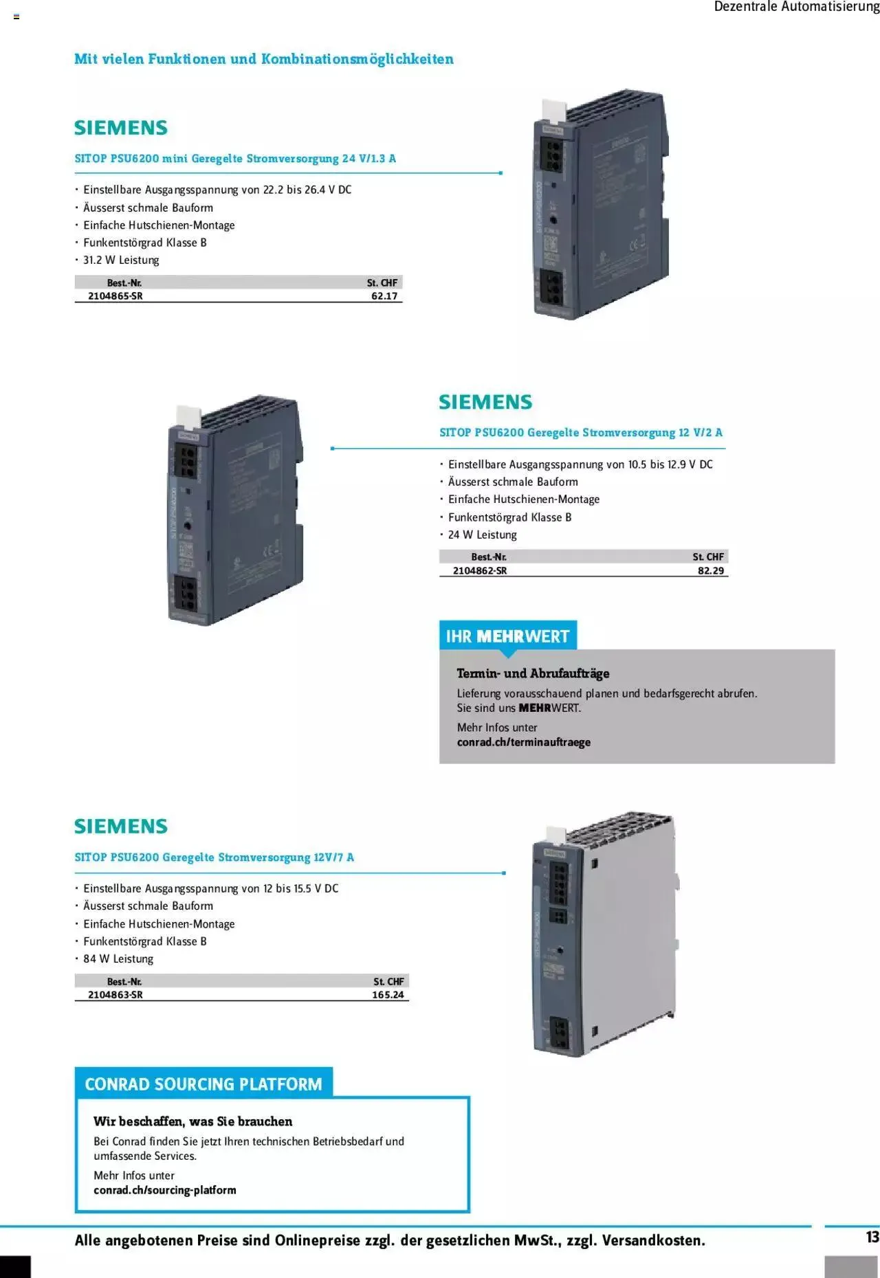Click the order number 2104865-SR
tap(115, 296)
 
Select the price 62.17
tap(384, 296)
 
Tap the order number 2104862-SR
tap(480, 570)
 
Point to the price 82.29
tap(711, 570)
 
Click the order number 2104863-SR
tap(115, 994)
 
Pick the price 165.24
tap(388, 994)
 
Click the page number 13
tap(872, 1237)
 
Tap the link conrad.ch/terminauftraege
tap(524, 742)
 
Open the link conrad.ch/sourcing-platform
tap(165, 1190)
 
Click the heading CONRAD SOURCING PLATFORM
tap(203, 1084)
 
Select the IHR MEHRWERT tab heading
tap(507, 636)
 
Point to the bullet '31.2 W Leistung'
tap(121, 260)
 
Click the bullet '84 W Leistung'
tap(118, 958)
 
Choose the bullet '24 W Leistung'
tap(483, 535)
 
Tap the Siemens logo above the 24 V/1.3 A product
tap(121, 128)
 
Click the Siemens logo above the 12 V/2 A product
tap(485, 402)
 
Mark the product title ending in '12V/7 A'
tap(214, 857)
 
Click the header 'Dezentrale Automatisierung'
tap(796, 7)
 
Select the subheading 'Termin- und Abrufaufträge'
tap(533, 673)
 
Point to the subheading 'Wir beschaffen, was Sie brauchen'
tap(193, 1121)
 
